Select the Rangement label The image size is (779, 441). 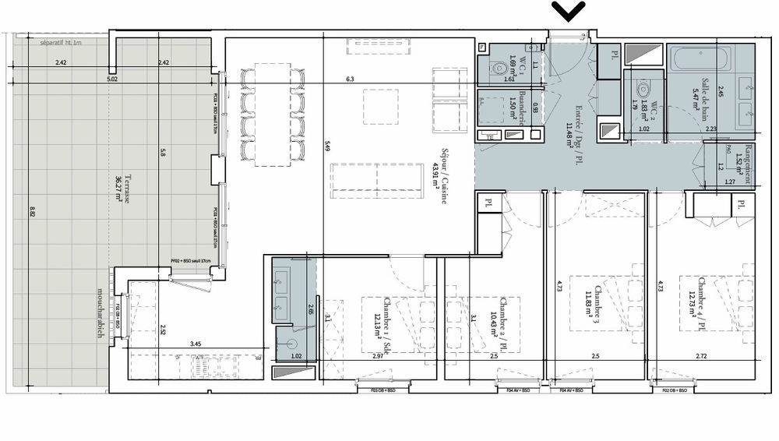coord(749,164)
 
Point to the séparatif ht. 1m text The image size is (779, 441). coord(62,44)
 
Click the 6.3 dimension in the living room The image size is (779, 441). coord(350,79)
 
